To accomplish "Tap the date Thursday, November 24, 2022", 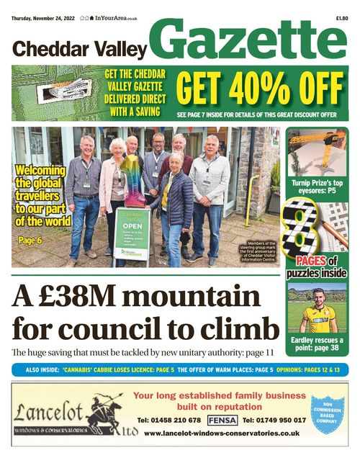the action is pos(42,7).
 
